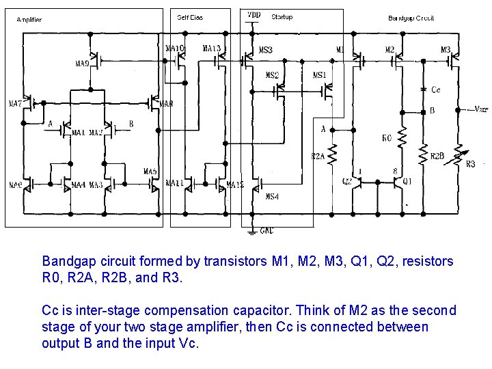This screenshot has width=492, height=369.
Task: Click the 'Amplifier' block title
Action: [x=29, y=20]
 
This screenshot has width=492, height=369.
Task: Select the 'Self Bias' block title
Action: [x=190, y=17]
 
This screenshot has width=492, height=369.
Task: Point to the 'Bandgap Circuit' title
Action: [x=411, y=18]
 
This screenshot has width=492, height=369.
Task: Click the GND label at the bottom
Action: [x=266, y=231]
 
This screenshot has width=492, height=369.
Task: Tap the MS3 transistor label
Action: [x=265, y=50]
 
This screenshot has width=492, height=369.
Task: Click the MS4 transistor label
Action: [x=271, y=197]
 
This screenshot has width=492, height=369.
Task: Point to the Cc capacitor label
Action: [x=435, y=90]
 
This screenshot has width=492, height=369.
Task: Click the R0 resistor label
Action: [x=387, y=138]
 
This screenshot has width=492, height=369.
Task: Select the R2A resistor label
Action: [x=318, y=156]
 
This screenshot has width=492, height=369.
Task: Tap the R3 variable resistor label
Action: [x=470, y=164]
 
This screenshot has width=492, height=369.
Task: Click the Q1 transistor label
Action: [x=407, y=182]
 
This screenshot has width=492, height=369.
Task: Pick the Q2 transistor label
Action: [x=347, y=182]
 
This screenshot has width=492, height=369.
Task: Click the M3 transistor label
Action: [x=445, y=49]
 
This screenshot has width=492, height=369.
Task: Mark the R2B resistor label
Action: [x=437, y=156]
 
